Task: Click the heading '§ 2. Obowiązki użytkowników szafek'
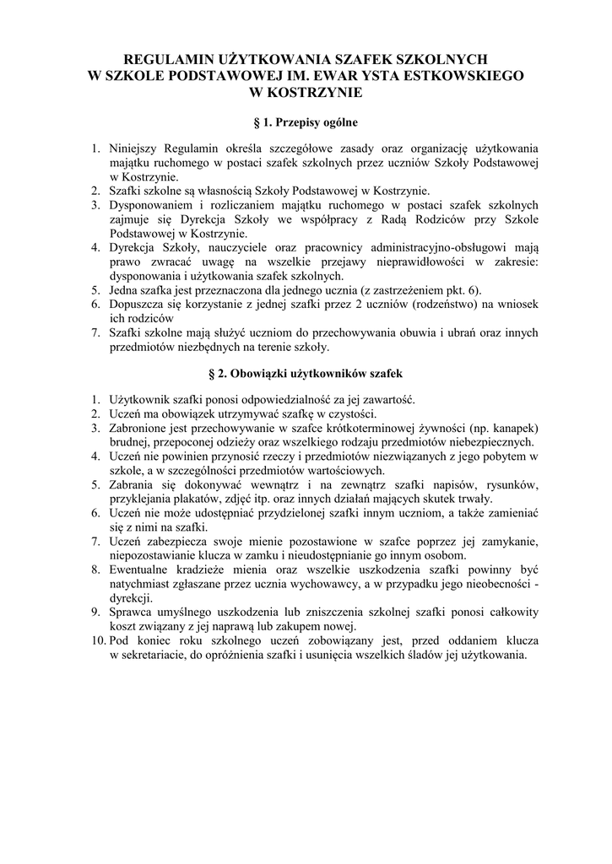306,371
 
